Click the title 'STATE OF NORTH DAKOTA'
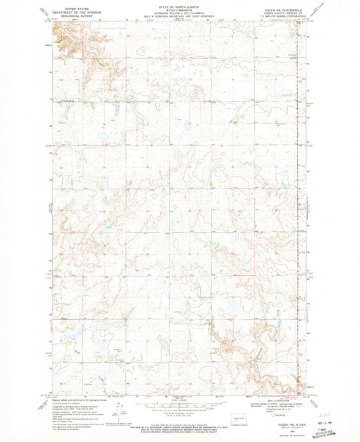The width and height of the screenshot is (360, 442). [179, 4]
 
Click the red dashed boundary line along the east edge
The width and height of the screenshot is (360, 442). [298, 203]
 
